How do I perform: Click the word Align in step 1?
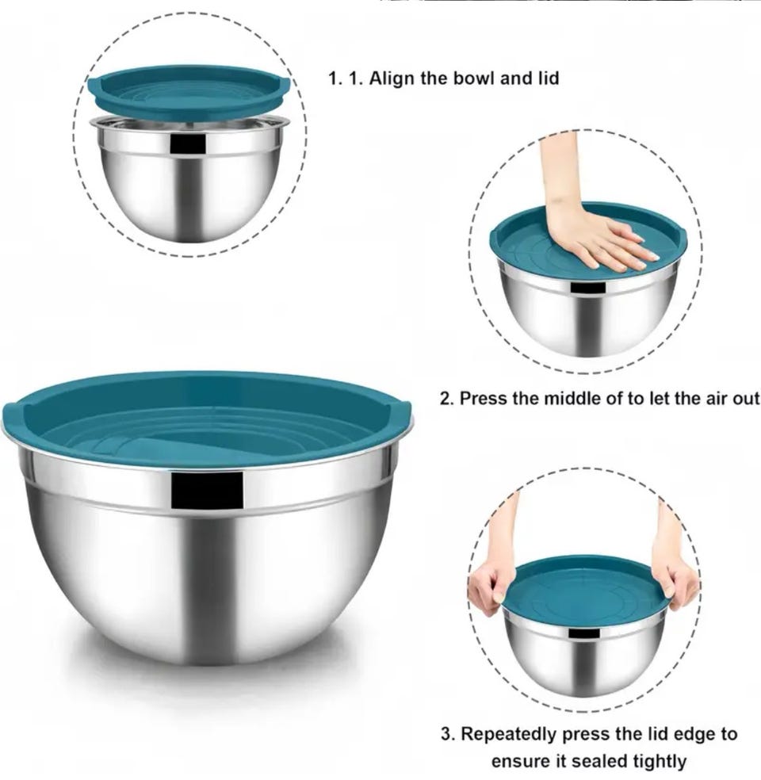[392, 78]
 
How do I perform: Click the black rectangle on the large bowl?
[207, 490]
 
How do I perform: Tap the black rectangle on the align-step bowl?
[188, 143]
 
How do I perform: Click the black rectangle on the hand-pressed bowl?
[587, 288]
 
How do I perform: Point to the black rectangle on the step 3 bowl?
[584, 633]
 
